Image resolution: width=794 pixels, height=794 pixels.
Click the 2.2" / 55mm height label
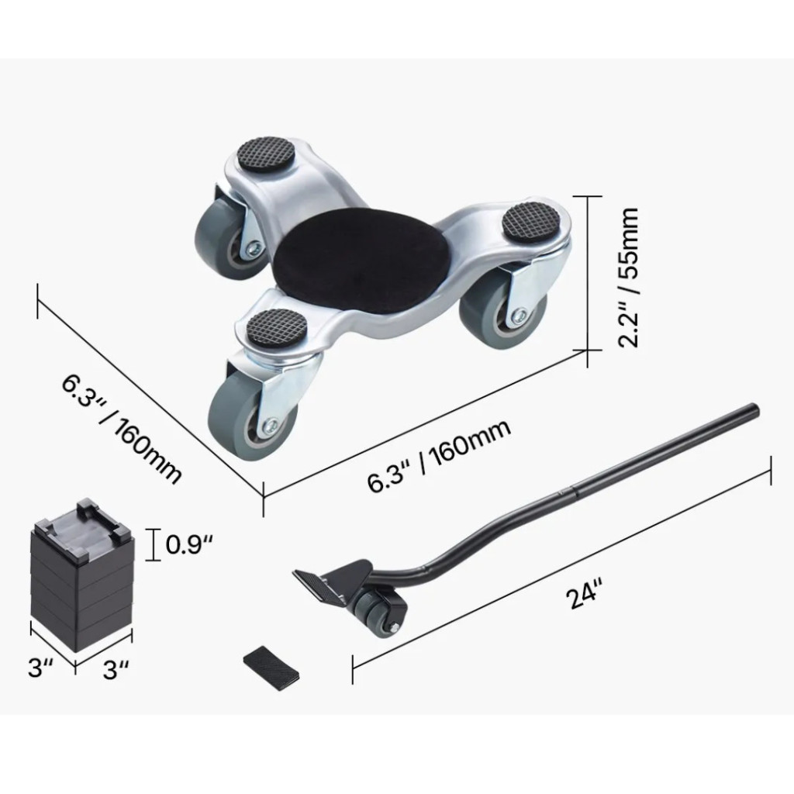coord(628,277)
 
